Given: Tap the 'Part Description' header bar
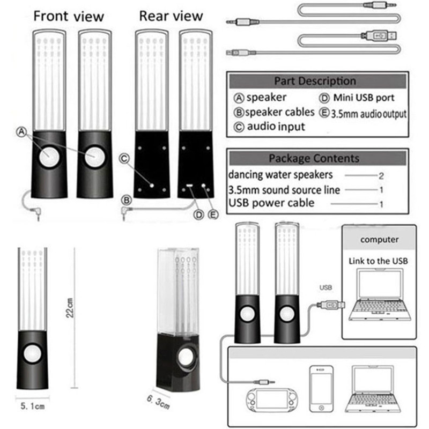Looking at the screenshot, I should click(315, 81).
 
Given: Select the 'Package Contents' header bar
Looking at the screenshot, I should click(314, 158).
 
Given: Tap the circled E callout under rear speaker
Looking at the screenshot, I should click(214, 215).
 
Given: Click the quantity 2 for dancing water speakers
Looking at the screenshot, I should click(381, 175).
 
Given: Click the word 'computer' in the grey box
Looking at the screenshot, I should click(379, 240).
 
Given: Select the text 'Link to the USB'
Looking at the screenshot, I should click(379, 261).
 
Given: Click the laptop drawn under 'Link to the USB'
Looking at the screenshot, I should click(377, 294).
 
